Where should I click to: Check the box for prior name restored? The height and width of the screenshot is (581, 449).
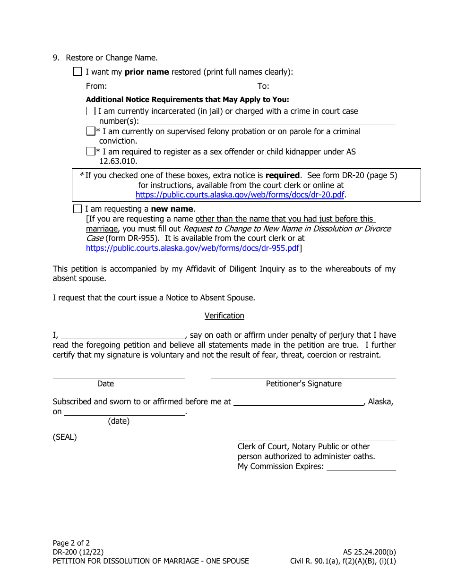(x=78, y=72)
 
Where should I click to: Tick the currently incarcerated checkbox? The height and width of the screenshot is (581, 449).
(x=91, y=111)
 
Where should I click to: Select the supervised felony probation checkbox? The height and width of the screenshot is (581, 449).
(x=91, y=131)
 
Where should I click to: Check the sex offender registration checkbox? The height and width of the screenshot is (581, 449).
(x=91, y=152)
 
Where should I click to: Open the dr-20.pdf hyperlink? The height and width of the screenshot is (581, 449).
(x=240, y=195)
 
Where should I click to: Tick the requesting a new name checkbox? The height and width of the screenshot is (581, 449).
(x=78, y=209)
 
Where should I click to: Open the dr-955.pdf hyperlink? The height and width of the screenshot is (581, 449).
(x=193, y=248)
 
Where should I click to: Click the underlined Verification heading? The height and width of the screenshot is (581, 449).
(x=224, y=316)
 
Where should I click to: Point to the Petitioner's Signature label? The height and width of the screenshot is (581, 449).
(x=303, y=384)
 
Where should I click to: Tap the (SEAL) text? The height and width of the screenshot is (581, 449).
(x=65, y=437)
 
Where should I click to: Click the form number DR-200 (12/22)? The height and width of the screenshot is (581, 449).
(x=78, y=552)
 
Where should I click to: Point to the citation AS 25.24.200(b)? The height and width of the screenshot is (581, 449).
(x=369, y=552)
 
